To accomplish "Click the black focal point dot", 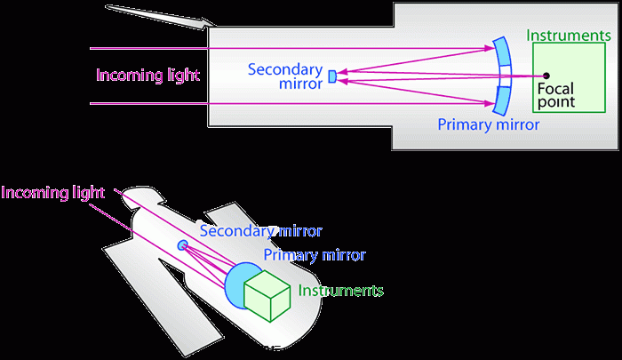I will [546, 76].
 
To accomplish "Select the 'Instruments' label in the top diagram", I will [568, 36].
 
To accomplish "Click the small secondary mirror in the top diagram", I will [332, 76].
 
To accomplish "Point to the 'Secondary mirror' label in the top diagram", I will [287, 77].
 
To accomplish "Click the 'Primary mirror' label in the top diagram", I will [488, 125].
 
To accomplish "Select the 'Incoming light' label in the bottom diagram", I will [53, 192].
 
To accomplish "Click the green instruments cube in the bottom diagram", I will [269, 294].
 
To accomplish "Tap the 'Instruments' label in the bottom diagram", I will [341, 291].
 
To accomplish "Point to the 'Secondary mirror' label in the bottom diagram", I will [260, 231].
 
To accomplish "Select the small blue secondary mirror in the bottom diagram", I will [183, 245].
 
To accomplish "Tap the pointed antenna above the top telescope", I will [160, 17].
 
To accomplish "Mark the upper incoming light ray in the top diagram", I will [267, 48].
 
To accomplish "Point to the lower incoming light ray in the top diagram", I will [267, 104].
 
